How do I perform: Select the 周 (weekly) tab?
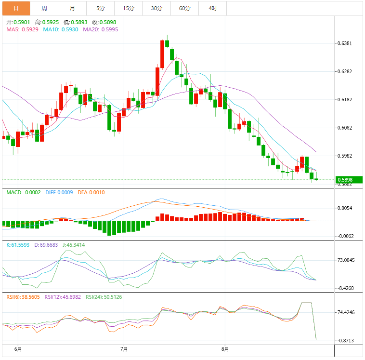coord(44,8)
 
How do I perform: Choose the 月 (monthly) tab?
coord(72,8)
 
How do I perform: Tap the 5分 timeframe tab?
coord(100,8)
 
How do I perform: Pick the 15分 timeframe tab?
coord(129,8)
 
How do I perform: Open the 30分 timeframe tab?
coord(156,8)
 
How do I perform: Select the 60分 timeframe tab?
coord(184,8)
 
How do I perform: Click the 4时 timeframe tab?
coord(212,8)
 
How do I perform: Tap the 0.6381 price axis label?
coord(345,43)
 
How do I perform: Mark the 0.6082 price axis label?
coord(345,128)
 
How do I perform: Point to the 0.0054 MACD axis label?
coord(345,208)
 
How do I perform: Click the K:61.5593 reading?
coord(18,245)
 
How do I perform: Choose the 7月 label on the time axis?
coord(123,349)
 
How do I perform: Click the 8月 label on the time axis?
coord(225,349)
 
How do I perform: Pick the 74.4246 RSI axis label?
coord(346,312)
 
